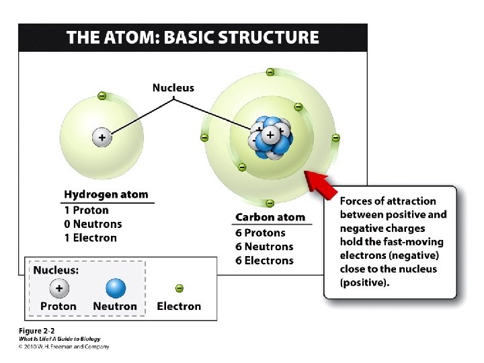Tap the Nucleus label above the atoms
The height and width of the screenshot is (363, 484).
coord(173,87)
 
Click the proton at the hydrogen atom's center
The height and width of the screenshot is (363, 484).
coord(102,137)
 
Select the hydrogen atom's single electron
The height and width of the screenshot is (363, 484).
coord(102,96)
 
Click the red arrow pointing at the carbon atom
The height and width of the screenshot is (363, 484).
coord(321,184)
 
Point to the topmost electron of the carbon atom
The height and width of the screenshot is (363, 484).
coord(270,72)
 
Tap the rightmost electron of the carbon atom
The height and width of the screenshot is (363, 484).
coord(335,138)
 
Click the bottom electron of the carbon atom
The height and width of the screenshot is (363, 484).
coord(270,203)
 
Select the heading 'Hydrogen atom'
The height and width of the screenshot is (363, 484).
coord(106,194)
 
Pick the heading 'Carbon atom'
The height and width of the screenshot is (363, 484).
coord(270,217)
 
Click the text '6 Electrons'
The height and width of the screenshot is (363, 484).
coord(264,261)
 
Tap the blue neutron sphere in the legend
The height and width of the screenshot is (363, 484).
coord(115,288)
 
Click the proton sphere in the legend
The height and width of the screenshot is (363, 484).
coord(58,288)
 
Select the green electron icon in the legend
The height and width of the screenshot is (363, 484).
coord(179,288)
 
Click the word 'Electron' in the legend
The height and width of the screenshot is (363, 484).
coord(179,307)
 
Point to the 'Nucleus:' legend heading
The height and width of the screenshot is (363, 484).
coord(56,270)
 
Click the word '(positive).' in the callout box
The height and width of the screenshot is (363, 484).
coord(364,283)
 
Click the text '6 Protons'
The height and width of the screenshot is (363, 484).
coord(260,233)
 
